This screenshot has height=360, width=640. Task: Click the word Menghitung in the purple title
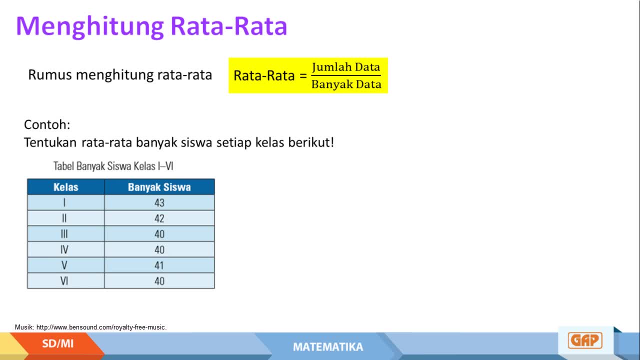pyautogui.click(x=89, y=26)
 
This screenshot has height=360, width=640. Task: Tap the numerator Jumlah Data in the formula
pyautogui.click(x=346, y=67)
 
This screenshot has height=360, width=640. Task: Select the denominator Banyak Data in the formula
pyautogui.click(x=346, y=84)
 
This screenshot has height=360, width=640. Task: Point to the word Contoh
pyautogui.click(x=47, y=124)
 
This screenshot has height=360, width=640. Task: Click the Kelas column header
pyautogui.click(x=65, y=187)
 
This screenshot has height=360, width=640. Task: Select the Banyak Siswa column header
pyautogui.click(x=159, y=187)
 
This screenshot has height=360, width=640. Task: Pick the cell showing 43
pyautogui.click(x=159, y=203)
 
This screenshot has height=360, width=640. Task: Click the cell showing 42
pyautogui.click(x=159, y=218)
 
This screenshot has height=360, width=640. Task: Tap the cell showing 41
pyautogui.click(x=159, y=265)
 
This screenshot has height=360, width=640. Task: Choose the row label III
pyautogui.click(x=64, y=234)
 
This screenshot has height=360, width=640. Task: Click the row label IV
pyautogui.click(x=64, y=249)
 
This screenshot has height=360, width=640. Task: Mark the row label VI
pyautogui.click(x=64, y=281)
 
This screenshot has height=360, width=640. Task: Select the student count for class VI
pyautogui.click(x=159, y=281)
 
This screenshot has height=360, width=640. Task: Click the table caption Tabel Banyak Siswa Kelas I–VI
pyautogui.click(x=113, y=166)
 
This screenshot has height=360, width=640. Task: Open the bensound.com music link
pyautogui.click(x=101, y=327)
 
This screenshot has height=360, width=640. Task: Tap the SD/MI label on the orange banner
pyautogui.click(x=57, y=343)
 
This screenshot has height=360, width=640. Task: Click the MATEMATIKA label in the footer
pyautogui.click(x=328, y=347)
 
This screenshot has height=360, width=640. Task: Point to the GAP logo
pyautogui.click(x=585, y=340)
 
